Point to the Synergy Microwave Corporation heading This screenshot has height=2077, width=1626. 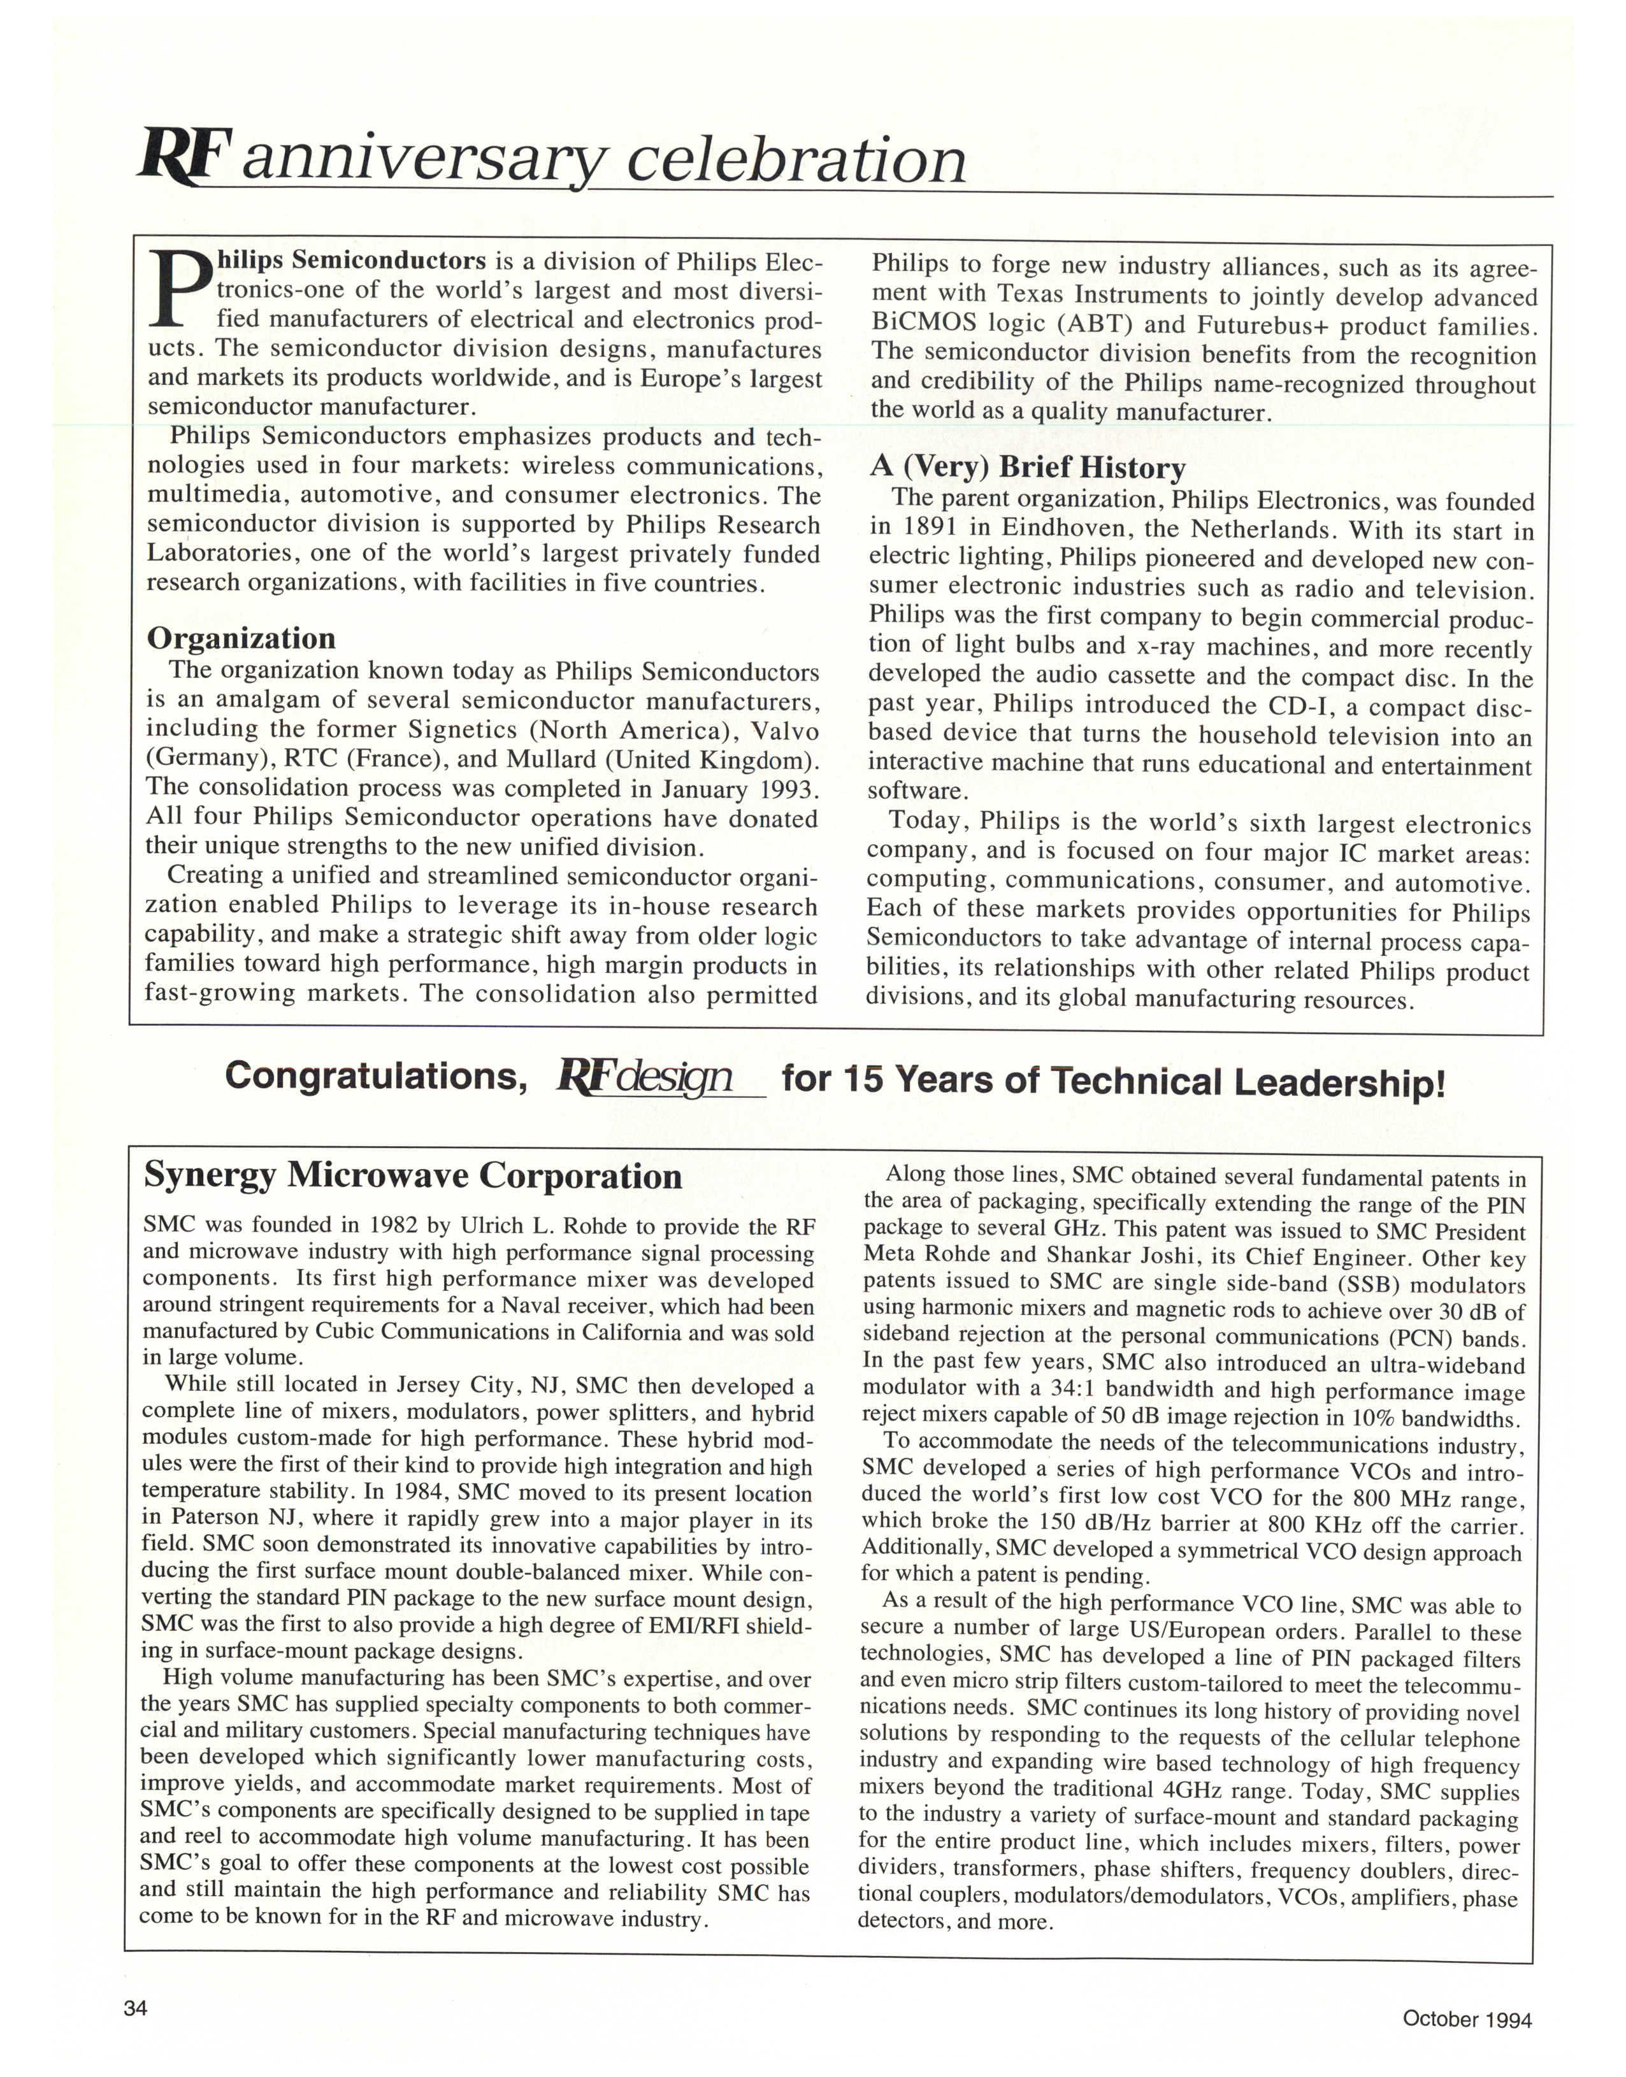pyautogui.click(x=412, y=1177)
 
